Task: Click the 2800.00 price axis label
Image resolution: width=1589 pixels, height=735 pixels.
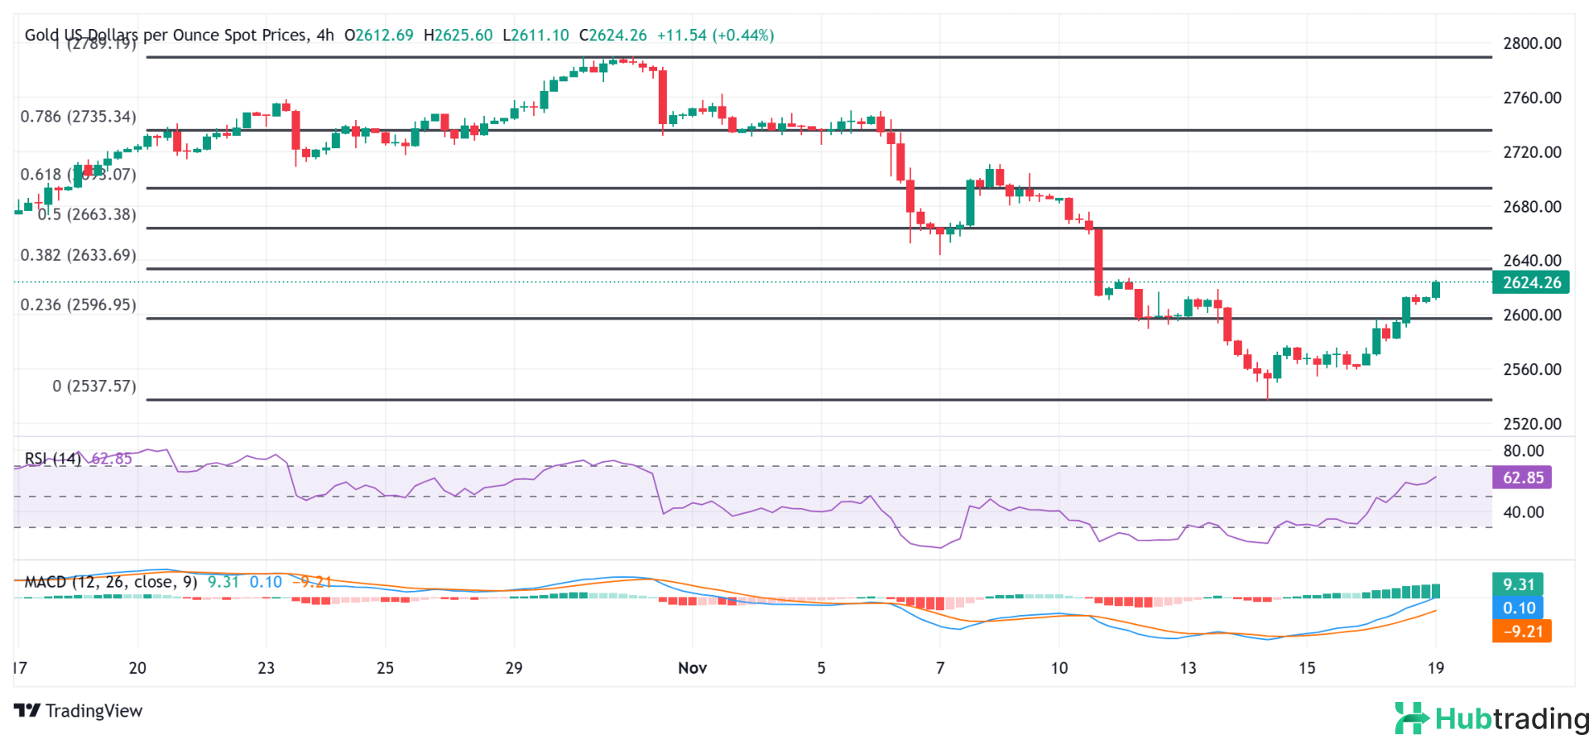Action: [1532, 44]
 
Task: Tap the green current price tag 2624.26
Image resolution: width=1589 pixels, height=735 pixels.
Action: [1531, 282]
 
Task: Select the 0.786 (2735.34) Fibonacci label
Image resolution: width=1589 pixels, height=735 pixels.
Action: [79, 117]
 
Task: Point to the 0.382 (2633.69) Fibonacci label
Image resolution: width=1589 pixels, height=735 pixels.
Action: [79, 255]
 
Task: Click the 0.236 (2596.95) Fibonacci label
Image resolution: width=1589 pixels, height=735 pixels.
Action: [79, 305]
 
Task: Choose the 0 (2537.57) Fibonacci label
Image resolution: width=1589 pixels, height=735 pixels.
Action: [94, 386]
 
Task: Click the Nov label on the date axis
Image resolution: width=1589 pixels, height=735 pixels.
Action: [692, 668]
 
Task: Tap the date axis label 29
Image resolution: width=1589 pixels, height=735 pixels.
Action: [514, 668]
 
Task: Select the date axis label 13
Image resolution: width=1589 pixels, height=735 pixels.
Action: [1188, 668]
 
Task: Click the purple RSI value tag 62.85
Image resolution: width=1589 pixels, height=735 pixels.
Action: [1523, 478]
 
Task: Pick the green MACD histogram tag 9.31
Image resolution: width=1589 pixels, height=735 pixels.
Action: [1518, 584]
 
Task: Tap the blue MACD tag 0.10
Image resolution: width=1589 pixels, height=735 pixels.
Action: [1518, 608]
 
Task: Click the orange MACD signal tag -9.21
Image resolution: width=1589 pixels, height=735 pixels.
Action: [1521, 631]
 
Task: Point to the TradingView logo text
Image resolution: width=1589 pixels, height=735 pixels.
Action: [79, 711]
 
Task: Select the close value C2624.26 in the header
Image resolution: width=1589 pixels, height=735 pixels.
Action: [612, 36]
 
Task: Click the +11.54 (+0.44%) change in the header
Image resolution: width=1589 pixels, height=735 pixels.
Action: [715, 36]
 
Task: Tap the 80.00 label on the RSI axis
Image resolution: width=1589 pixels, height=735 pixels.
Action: [1523, 451]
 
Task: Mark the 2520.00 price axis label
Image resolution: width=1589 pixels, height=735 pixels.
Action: [1532, 424]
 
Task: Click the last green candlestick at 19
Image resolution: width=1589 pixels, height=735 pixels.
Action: [1436, 290]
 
